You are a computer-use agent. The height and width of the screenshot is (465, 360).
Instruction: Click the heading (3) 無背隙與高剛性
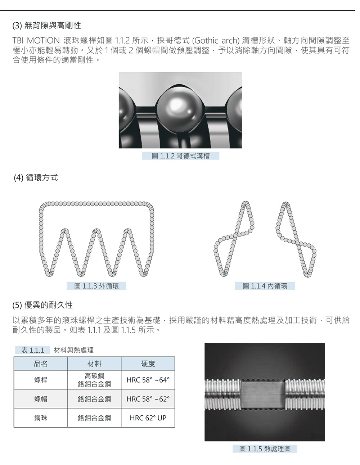[x=47, y=26]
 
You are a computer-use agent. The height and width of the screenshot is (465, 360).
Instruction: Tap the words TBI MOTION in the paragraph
[x=36, y=40]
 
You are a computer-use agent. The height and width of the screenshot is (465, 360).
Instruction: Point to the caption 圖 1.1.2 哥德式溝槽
[x=180, y=155]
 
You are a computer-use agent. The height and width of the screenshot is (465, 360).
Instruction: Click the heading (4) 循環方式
[x=36, y=177]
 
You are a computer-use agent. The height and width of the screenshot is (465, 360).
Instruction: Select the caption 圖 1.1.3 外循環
[x=96, y=286]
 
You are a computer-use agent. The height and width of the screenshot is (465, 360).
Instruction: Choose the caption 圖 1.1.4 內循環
[x=265, y=286]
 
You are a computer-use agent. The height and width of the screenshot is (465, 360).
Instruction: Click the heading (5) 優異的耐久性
[x=42, y=305]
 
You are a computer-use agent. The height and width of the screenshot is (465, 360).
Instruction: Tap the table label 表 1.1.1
[x=32, y=350]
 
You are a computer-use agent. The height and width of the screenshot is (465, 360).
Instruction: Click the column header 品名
[x=41, y=364]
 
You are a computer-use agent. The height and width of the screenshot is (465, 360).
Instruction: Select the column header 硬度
[x=148, y=364]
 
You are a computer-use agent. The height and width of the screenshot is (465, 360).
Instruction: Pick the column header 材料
[x=94, y=364]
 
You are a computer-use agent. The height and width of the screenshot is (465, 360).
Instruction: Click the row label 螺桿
[x=41, y=380]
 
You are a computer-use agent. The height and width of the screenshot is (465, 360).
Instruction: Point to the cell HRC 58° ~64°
[x=148, y=380]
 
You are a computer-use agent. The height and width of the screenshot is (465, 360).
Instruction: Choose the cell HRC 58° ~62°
[x=148, y=399]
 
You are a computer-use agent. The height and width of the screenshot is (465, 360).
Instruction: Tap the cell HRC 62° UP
[x=148, y=418]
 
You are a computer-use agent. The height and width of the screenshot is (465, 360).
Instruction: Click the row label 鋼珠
[x=41, y=418]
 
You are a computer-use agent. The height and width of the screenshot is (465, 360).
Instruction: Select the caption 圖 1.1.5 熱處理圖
[x=265, y=448]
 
